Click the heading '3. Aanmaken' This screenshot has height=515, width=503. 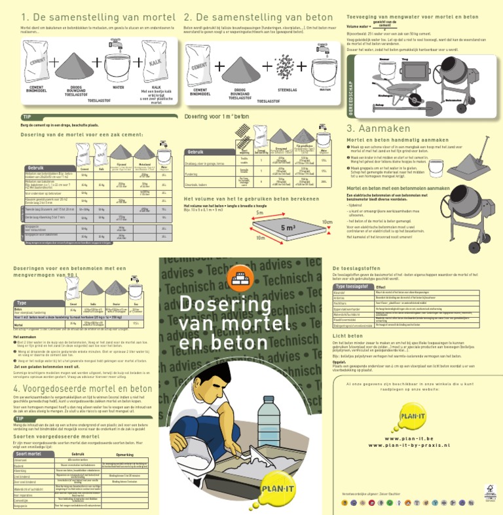381,128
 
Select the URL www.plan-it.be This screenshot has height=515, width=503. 418,457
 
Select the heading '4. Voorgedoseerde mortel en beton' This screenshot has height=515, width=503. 83,389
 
